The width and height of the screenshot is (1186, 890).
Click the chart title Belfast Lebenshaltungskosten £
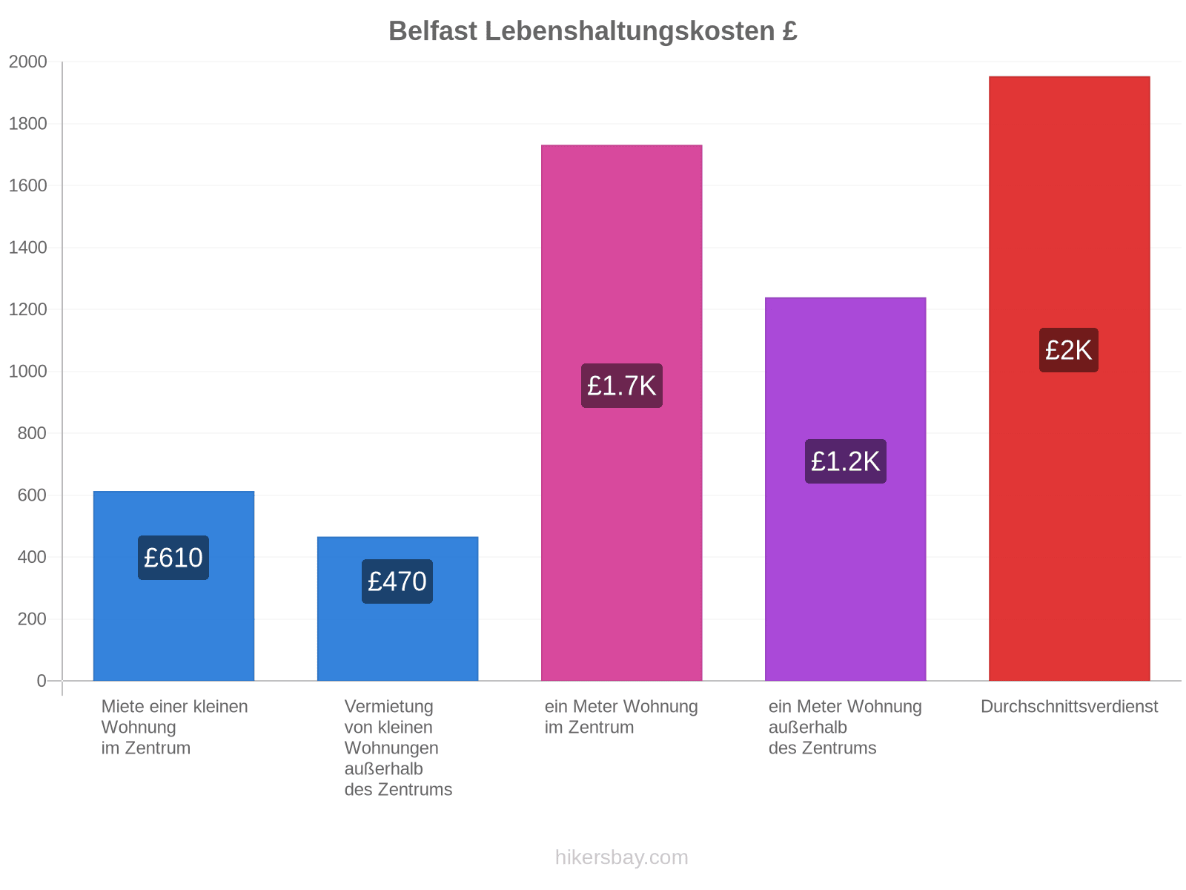pyautogui.click(x=593, y=31)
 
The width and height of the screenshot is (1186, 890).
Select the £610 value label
pyautogui.click(x=173, y=558)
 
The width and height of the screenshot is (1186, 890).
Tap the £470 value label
pyautogui.click(x=397, y=581)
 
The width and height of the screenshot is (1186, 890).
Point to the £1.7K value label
pyautogui.click(x=621, y=386)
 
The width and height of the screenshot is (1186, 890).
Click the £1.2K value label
pyautogui.click(x=846, y=461)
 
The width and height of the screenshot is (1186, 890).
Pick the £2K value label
pyautogui.click(x=1069, y=350)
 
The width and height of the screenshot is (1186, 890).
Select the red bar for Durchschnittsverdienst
pyautogui.click(x=1070, y=379)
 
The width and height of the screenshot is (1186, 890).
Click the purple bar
pyautogui.click(x=846, y=489)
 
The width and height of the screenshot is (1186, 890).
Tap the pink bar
pyautogui.click(x=621, y=413)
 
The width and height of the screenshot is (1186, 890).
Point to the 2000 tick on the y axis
pyautogui.click(x=27, y=62)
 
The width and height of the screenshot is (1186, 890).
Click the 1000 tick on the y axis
pyautogui.click(x=27, y=372)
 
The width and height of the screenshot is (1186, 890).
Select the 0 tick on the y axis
pyautogui.click(x=42, y=681)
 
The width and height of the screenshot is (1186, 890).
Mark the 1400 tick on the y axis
pyautogui.click(x=27, y=248)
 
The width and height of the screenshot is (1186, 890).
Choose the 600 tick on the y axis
pyautogui.click(x=32, y=495)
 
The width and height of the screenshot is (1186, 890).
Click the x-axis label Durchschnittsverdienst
pyautogui.click(x=1070, y=707)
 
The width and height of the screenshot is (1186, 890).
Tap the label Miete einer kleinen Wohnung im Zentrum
pyautogui.click(x=174, y=728)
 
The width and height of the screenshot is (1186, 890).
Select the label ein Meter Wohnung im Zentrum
pyautogui.click(x=621, y=717)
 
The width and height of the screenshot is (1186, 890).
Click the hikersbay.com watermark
pyautogui.click(x=621, y=857)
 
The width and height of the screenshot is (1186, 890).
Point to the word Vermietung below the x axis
pyautogui.click(x=389, y=707)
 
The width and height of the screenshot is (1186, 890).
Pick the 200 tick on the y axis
pyautogui.click(x=32, y=619)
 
